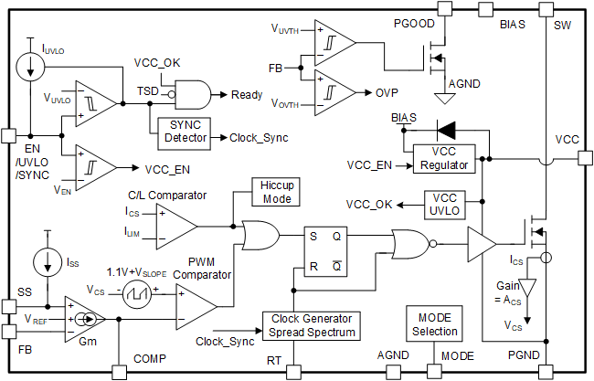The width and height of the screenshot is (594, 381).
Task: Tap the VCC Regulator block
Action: click(443, 158)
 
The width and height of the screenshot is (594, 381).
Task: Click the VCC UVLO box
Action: click(443, 203)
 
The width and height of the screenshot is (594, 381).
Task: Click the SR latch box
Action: click(324, 250)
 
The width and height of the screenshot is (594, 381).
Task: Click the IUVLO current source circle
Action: click(30, 64)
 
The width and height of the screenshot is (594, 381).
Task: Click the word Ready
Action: click(247, 94)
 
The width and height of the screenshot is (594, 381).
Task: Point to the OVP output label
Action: click(387, 92)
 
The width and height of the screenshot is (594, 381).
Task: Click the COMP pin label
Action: click(148, 358)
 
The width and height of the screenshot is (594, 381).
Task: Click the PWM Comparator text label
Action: click(206, 266)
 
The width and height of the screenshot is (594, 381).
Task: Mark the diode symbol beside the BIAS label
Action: click(449, 130)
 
